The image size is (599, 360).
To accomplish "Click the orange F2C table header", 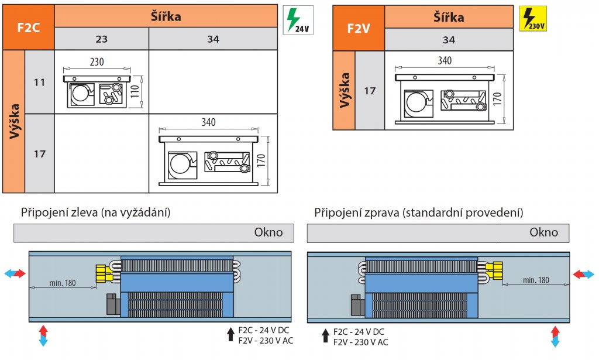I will [29, 28].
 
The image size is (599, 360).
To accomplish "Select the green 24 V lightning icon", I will [298, 19].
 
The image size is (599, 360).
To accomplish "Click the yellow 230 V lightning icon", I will [533, 18].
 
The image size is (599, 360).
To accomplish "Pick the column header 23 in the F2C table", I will [101, 39].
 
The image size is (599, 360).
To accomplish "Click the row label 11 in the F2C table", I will [39, 82].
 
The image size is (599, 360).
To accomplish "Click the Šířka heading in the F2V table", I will [449, 17].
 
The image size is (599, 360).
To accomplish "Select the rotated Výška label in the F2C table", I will [13, 121].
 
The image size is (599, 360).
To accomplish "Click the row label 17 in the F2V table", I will [369, 91].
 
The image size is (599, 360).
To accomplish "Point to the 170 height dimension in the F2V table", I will [497, 98].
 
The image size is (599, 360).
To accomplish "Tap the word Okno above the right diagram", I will [543, 232].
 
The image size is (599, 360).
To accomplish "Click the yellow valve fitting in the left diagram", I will [104, 273].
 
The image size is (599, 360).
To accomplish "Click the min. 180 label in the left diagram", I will [63, 283].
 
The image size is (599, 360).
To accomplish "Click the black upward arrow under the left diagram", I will [230, 335].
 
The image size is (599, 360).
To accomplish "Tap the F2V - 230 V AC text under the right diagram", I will [360, 342].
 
